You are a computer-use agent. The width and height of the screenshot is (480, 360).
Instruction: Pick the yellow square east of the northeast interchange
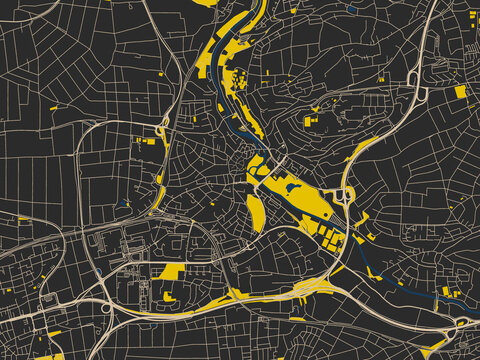pyautogui.click(x=460, y=91)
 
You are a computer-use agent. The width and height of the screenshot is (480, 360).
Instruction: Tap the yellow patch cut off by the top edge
pyautogui.click(x=205, y=3)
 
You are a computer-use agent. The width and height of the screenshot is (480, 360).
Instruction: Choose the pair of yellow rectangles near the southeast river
pyautogui.click(x=449, y=292)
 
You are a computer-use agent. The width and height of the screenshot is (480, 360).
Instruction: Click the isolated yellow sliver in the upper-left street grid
pyautogui.click(x=53, y=107)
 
